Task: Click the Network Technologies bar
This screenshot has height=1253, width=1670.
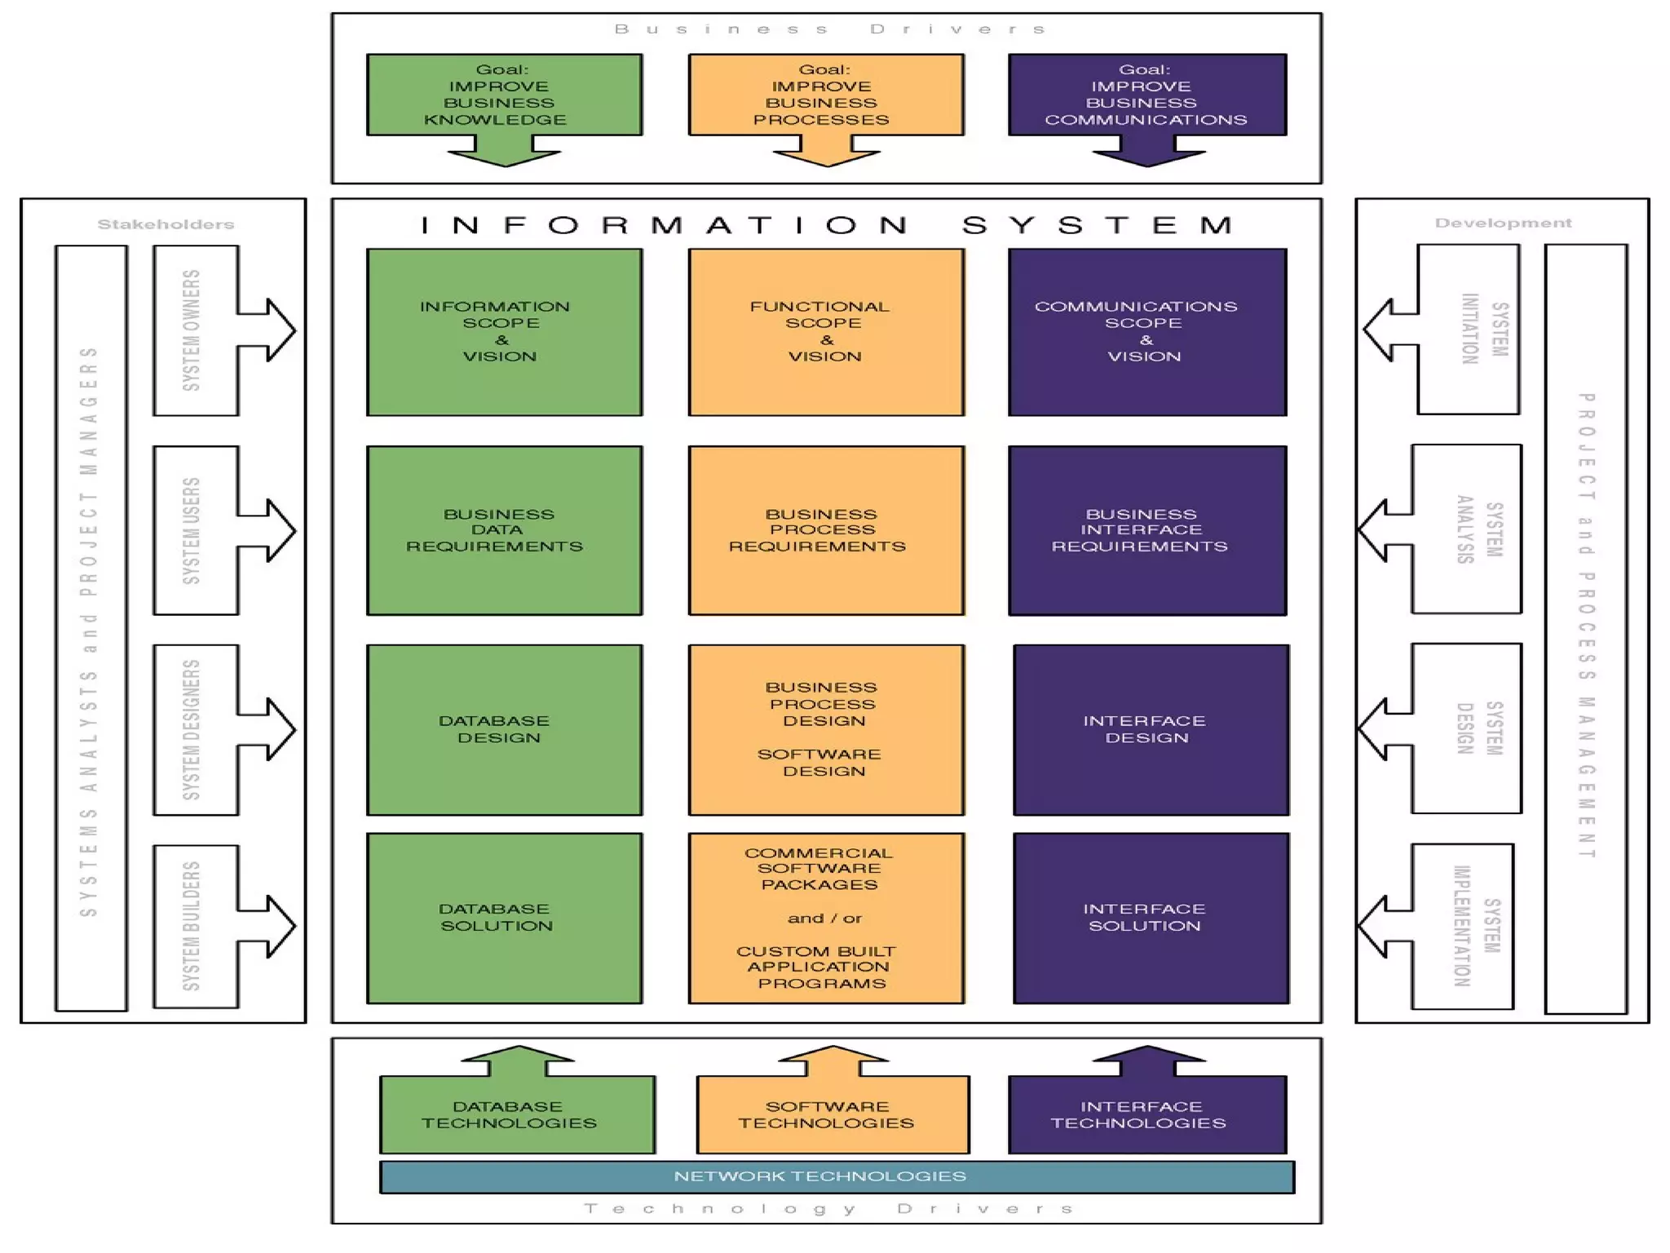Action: pos(837,1176)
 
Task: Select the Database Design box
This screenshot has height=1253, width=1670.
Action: pos(504,729)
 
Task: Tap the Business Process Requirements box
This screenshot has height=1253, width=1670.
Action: pos(825,530)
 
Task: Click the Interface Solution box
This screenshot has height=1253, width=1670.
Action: pos(1150,918)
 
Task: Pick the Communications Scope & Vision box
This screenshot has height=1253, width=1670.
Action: pos(1146,332)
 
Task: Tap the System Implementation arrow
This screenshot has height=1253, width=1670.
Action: pos(1447,927)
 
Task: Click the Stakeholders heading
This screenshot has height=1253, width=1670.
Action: pos(166,224)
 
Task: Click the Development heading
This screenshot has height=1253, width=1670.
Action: pos(1503,223)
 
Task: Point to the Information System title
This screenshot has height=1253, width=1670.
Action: pos(827,225)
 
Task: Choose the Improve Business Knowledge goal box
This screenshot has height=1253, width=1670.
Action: pos(504,95)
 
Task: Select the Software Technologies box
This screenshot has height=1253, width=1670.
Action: pos(832,1114)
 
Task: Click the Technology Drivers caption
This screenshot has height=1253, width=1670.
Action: pos(827,1208)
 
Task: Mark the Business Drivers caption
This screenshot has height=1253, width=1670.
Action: pos(827,29)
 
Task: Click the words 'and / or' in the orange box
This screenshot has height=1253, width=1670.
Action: pos(824,919)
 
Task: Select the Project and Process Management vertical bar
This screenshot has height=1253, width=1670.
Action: pos(1586,628)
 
